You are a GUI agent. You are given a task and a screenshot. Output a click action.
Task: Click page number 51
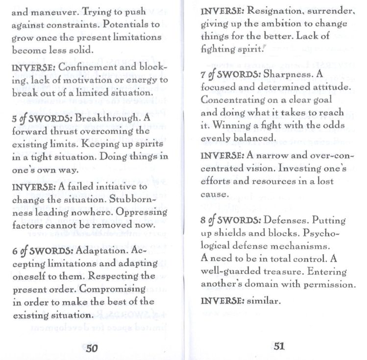point(279,346)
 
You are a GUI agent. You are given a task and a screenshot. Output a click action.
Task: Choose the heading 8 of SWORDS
point(229,220)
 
